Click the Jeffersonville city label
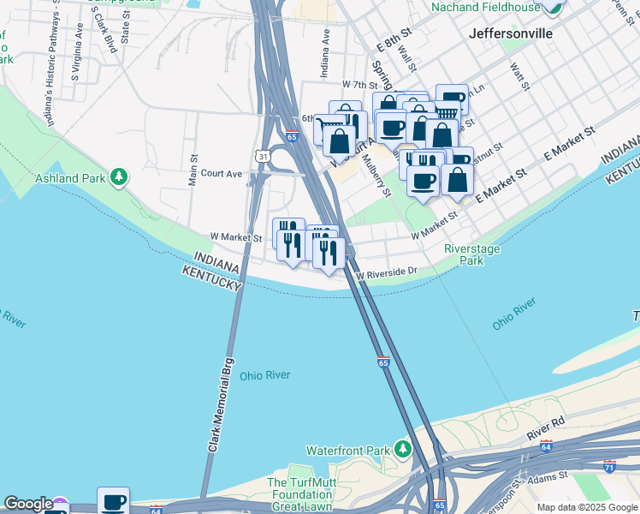tap(511, 33)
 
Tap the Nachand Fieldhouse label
tap(485, 8)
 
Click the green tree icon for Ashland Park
tap(120, 177)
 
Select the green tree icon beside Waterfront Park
tap(402, 449)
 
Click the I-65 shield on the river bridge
tap(382, 362)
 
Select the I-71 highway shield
tap(608, 467)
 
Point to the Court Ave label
tap(222, 173)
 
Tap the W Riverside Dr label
tap(387, 272)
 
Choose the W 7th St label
tap(359, 86)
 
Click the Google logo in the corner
tap(28, 504)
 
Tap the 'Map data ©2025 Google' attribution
tap(587, 507)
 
